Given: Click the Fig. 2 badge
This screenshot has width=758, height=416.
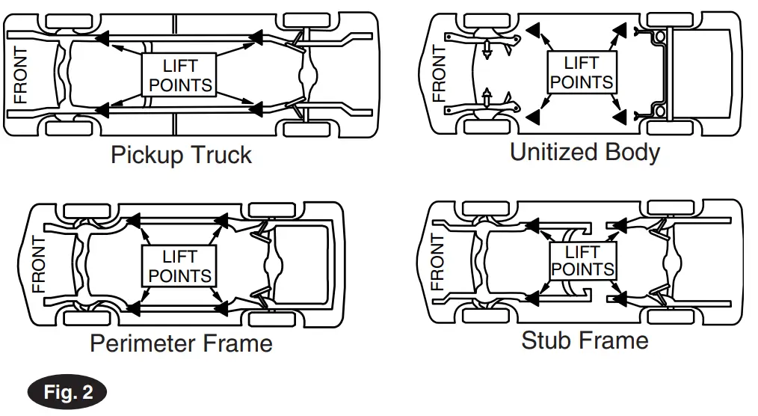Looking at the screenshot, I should [67, 393].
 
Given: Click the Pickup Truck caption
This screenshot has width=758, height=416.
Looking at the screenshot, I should [181, 155].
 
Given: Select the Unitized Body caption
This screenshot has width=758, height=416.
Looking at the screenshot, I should [585, 152].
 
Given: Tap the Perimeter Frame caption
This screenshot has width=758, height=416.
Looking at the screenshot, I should [181, 343].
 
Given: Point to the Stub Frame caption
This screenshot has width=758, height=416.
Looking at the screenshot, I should [585, 341].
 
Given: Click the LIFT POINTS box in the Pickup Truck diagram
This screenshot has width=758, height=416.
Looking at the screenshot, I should [180, 76].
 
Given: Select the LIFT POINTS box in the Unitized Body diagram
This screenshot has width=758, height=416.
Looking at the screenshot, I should [582, 73].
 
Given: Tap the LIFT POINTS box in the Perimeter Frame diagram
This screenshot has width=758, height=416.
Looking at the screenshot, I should [180, 266].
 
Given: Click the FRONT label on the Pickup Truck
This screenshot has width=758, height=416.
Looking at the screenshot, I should [21, 76].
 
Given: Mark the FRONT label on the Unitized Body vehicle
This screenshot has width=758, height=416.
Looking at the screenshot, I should [439, 74].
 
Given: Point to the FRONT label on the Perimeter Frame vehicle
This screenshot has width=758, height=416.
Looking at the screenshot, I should [39, 266].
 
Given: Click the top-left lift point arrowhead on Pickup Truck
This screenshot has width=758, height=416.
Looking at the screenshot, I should [103, 36].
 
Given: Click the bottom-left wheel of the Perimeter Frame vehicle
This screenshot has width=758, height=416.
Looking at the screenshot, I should [87, 317].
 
